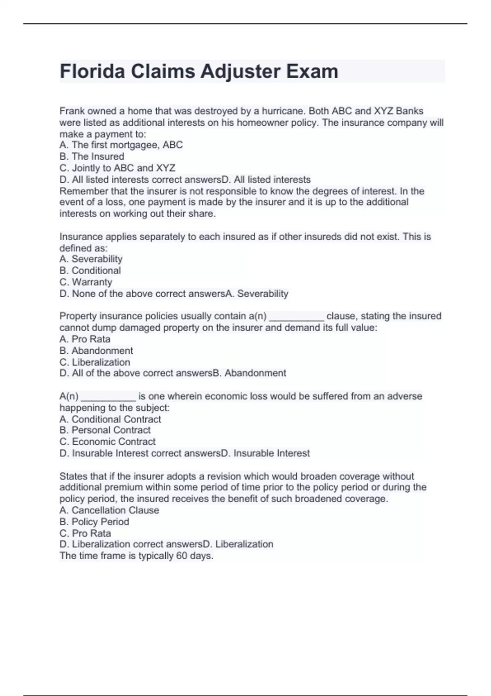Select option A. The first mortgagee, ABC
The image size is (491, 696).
pyautogui.click(x=121, y=145)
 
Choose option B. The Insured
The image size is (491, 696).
pyautogui.click(x=92, y=156)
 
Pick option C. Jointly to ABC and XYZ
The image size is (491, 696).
pyautogui.click(x=117, y=168)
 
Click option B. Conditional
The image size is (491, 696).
pyautogui.click(x=90, y=271)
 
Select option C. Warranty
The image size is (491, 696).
pyautogui.click(x=86, y=282)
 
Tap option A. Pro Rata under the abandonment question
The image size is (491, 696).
pyautogui.click(x=85, y=339)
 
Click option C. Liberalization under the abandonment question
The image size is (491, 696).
pyautogui.click(x=95, y=362)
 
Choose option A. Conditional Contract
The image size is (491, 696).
pyautogui.click(x=110, y=419)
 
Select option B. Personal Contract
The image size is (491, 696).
pyautogui.click(x=105, y=430)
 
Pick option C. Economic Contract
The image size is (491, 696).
pyautogui.click(x=107, y=442)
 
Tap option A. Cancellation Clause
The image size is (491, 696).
pyautogui.click(x=109, y=510)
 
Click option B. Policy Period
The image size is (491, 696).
pyautogui.click(x=94, y=522)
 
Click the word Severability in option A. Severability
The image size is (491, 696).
pyautogui.click(x=97, y=259)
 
